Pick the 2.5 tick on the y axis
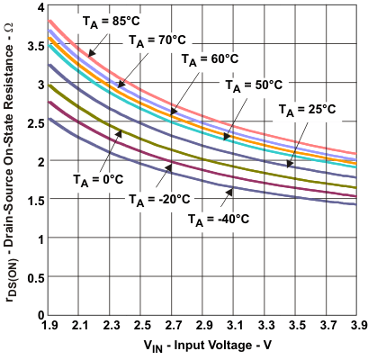coord(32,123)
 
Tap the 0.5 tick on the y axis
coord(32,277)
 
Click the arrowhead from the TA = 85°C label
coord(86,58)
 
